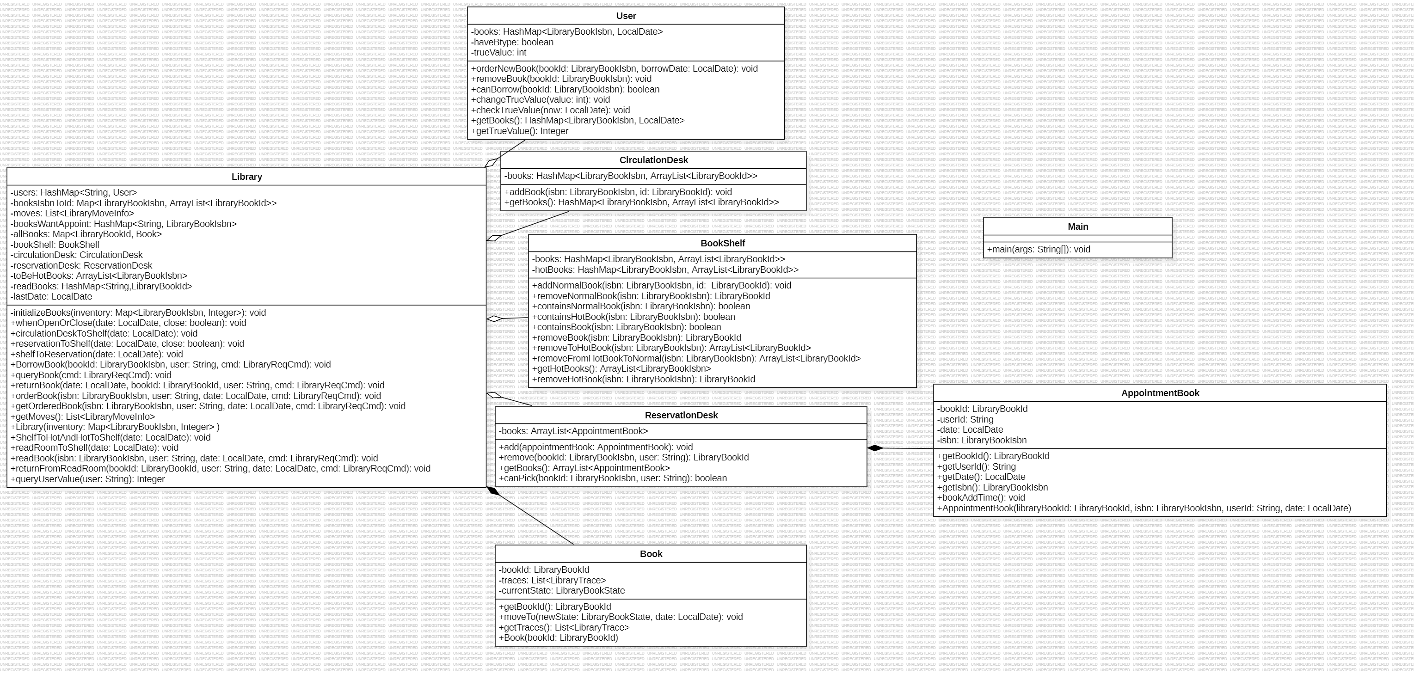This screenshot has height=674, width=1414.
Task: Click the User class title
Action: [x=626, y=16]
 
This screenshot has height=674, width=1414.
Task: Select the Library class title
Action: [x=246, y=177]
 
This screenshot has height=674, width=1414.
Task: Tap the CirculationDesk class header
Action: [x=653, y=160]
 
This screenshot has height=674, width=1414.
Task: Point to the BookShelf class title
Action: [x=722, y=243]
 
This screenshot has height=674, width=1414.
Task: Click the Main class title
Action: [x=1077, y=227]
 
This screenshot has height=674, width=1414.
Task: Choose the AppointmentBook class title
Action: [x=1160, y=393]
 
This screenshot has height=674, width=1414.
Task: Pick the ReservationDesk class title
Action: [x=681, y=415]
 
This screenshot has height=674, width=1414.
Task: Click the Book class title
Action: [x=651, y=554]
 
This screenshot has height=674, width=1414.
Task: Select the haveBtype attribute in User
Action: [x=513, y=42]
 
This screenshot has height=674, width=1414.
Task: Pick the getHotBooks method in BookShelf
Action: [x=621, y=369]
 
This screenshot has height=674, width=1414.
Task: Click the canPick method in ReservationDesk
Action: [x=613, y=478]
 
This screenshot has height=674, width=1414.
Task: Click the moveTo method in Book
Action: [x=620, y=617]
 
